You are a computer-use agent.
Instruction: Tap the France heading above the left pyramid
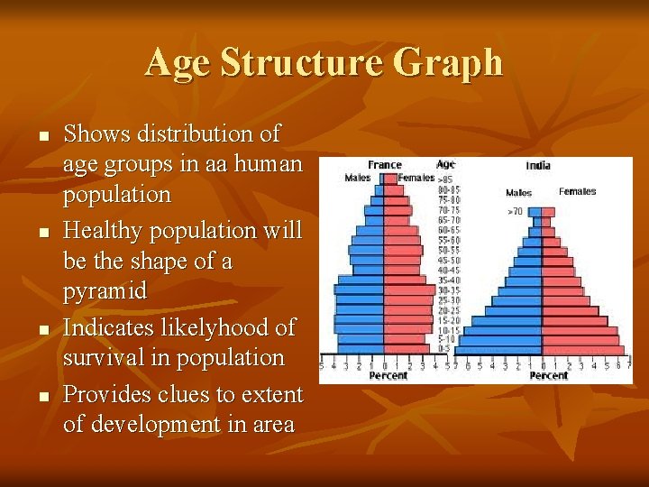pos(385,165)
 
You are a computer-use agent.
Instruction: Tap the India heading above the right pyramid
pos(538,165)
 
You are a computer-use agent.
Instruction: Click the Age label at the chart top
pos(445,164)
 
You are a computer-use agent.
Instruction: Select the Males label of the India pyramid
pos(518,192)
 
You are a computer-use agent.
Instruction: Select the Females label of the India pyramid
pos(577,191)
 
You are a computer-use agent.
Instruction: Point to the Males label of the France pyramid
pos(358,178)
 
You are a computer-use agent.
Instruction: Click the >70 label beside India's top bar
pos(514,210)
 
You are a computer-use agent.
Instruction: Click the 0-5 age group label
pos(444,347)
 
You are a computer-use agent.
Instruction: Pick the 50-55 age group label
pos(448,249)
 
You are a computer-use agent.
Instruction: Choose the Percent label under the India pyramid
pos(549,375)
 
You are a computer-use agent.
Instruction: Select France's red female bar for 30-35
pos(408,290)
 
